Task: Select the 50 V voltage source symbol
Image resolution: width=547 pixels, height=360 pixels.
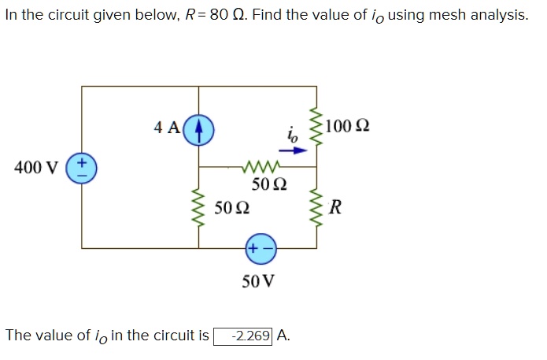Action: tap(261, 247)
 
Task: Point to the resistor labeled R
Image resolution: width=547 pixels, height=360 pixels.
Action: tap(317, 207)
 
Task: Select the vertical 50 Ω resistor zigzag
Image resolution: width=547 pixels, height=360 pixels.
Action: tap(199, 207)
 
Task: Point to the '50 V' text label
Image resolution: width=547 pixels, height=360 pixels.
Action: tap(259, 280)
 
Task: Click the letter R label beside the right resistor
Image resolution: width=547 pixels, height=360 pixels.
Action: tap(336, 208)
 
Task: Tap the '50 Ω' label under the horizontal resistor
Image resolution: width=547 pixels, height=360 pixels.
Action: tap(268, 186)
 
